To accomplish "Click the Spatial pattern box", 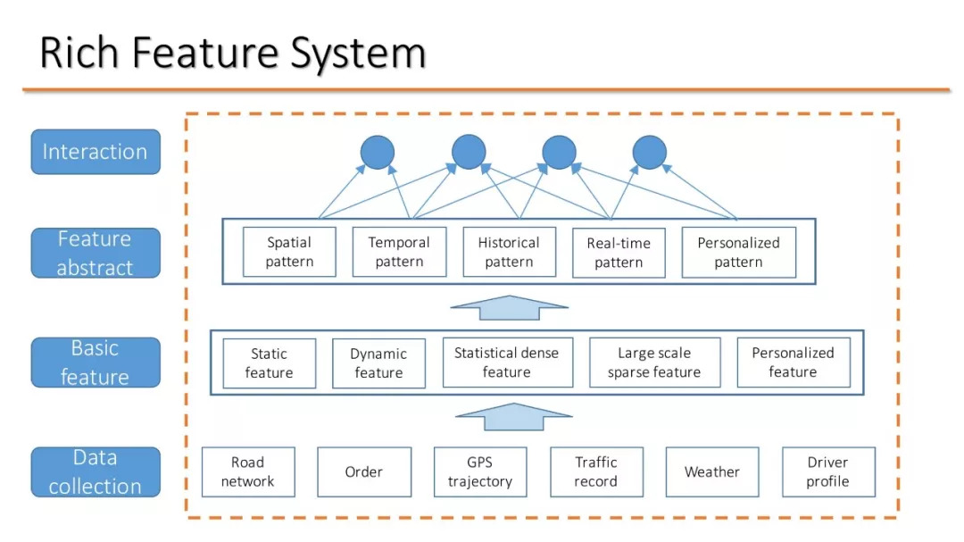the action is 289,252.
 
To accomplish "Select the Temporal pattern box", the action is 399,252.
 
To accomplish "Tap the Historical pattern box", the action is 509,252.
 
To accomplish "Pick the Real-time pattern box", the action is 619,253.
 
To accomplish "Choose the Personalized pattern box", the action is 738,252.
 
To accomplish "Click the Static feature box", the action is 270,363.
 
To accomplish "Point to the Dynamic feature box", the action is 378,363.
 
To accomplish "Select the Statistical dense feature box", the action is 507,363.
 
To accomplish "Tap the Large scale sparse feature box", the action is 655,363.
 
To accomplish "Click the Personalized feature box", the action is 794,363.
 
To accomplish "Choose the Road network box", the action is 248,471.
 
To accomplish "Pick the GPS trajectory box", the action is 480,471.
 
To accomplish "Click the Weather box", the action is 712,471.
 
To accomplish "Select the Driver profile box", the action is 828,471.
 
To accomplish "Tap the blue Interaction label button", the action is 96,152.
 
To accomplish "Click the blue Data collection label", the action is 96,471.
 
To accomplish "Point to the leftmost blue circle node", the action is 378,153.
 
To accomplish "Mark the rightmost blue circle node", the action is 650,153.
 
